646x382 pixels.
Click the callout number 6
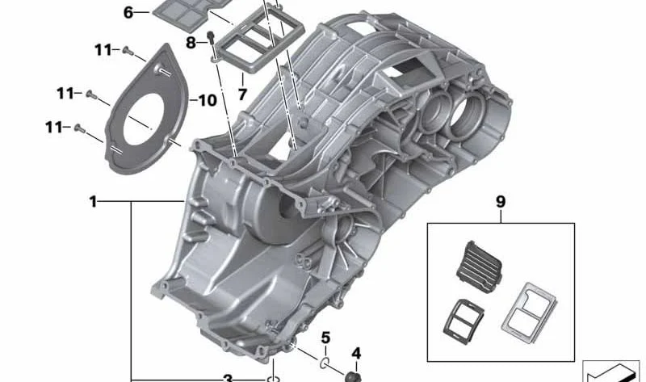(128, 13)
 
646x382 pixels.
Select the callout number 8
(191, 42)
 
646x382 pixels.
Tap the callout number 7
(242, 94)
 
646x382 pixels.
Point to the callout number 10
(208, 101)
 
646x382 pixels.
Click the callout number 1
(93, 202)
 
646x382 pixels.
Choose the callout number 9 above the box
(500, 202)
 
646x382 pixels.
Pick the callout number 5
(325, 338)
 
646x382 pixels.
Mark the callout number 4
(356, 354)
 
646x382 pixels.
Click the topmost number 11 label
(103, 50)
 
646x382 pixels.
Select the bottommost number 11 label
(54, 128)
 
